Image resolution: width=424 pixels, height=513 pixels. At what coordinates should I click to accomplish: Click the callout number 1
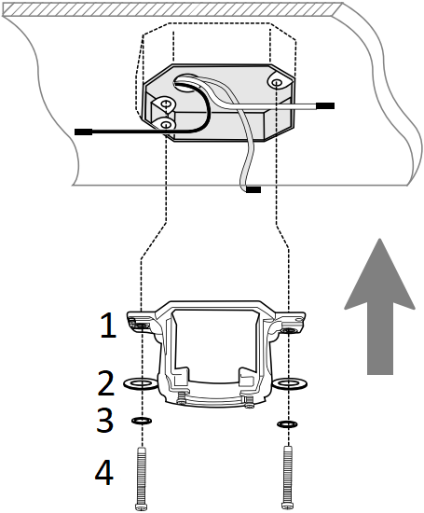click(x=109, y=326)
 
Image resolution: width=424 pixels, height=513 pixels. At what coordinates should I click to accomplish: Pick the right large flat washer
click(x=289, y=383)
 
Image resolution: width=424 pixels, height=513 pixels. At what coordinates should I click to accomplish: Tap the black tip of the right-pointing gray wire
click(x=325, y=106)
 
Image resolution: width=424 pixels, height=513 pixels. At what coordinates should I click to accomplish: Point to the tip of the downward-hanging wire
click(x=253, y=191)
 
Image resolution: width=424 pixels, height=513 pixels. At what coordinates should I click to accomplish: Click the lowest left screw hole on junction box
click(x=166, y=124)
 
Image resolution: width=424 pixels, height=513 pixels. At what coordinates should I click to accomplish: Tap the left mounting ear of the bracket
click(x=140, y=323)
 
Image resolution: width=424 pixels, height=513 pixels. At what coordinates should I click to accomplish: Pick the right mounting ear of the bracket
click(x=290, y=326)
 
